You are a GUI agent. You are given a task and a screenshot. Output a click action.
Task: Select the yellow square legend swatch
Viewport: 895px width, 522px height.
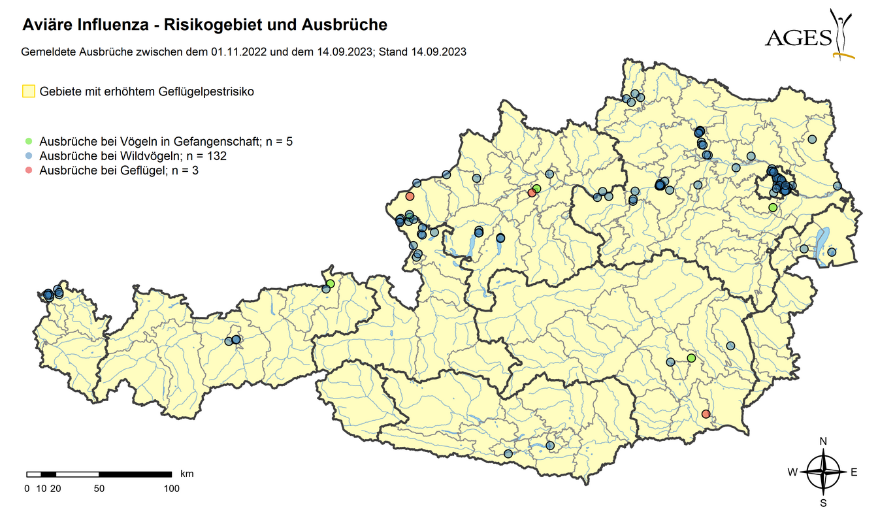click(x=28, y=91)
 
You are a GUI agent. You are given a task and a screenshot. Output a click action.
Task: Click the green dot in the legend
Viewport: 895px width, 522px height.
click(x=28, y=141)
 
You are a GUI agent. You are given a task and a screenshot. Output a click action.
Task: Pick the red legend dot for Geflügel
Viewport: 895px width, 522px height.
click(x=28, y=171)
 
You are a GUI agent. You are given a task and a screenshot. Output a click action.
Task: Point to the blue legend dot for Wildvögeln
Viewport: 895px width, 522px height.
click(x=28, y=156)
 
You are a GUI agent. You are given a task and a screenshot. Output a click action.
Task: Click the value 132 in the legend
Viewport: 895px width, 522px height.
click(x=218, y=156)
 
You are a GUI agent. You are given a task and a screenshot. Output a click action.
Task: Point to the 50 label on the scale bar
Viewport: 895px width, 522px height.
click(x=99, y=488)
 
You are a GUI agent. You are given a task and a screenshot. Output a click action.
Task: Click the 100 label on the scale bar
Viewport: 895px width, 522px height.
click(x=171, y=488)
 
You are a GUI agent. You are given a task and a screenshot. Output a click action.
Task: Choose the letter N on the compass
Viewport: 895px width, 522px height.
click(x=823, y=442)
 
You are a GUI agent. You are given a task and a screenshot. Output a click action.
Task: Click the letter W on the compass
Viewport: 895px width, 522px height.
click(x=792, y=472)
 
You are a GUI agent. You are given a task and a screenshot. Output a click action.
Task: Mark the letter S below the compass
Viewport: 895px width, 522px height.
click(x=823, y=503)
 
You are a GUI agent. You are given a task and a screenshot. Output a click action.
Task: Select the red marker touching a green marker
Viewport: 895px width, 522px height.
click(x=532, y=193)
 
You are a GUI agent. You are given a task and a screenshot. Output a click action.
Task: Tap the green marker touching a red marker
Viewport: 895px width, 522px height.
click(x=537, y=189)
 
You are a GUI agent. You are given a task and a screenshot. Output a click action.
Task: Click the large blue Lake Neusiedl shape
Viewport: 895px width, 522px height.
click(x=822, y=241)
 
